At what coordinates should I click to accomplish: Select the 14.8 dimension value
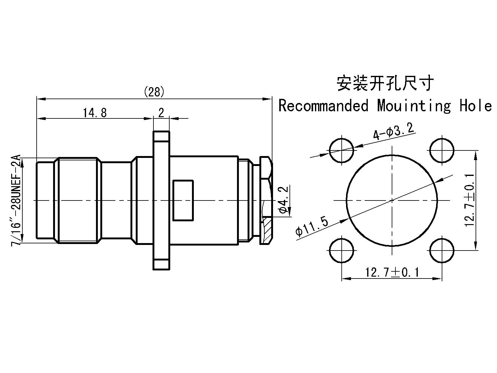pos(95,113)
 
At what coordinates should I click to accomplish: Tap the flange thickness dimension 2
pos(161,113)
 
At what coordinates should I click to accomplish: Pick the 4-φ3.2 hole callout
pos(394,131)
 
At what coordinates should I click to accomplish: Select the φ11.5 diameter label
pos(312,227)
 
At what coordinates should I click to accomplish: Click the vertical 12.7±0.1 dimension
pos(469,200)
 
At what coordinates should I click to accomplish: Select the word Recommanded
pos(324,106)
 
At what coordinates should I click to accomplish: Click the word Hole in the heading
pos(476,106)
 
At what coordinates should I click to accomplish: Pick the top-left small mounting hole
pos(341,150)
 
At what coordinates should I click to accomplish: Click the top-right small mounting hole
pos(442,150)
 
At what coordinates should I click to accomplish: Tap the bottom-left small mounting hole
pos(341,250)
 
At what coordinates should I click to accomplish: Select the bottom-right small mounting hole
pos(442,250)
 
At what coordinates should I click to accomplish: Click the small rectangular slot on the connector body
pos(183,200)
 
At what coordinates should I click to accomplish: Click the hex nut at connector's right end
pos(266,200)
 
